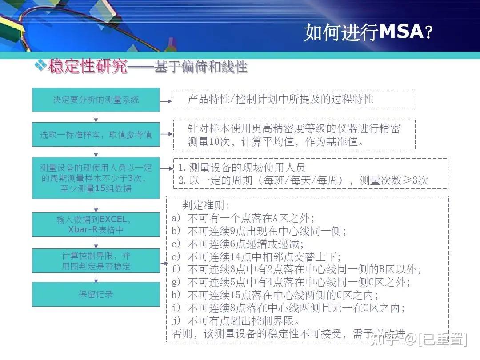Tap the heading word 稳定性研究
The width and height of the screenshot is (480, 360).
click(88, 67)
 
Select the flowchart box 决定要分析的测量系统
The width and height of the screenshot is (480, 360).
click(96, 100)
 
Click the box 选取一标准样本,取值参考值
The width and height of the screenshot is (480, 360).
click(96, 134)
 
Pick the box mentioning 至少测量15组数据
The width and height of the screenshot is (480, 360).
click(96, 178)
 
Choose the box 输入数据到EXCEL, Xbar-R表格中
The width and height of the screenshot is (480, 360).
click(96, 224)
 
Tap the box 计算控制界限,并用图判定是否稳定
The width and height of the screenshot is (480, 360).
click(96, 261)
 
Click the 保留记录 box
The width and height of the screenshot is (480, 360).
click(96, 294)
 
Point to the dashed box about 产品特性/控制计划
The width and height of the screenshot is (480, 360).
click(293, 99)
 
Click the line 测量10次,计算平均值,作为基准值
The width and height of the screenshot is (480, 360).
click(276, 142)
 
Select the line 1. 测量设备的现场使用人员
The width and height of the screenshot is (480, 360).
click(242, 168)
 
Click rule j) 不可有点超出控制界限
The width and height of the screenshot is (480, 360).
click(236, 320)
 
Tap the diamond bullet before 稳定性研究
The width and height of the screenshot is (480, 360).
click(40, 66)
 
